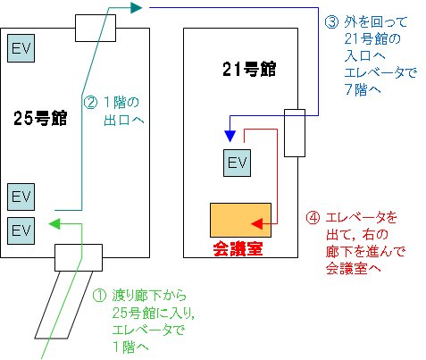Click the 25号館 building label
click(x=40, y=118)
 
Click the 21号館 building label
click(x=249, y=70)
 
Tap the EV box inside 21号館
click(x=238, y=163)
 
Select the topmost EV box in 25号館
click(x=21, y=48)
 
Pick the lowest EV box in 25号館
click(x=21, y=230)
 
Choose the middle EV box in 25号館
click(x=21, y=197)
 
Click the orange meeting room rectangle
click(x=240, y=220)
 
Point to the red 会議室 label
click(x=238, y=249)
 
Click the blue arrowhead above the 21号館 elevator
click(x=230, y=136)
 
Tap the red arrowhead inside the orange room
click(x=257, y=223)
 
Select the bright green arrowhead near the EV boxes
click(x=54, y=223)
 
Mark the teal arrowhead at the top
click(x=137, y=7)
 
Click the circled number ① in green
click(x=99, y=296)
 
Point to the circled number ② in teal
click(x=90, y=103)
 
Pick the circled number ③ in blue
click(x=331, y=22)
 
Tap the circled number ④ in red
click(x=313, y=218)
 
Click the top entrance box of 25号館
click(x=96, y=28)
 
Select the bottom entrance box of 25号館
click(x=79, y=257)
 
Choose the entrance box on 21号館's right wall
click(x=295, y=133)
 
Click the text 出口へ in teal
click(x=124, y=120)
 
